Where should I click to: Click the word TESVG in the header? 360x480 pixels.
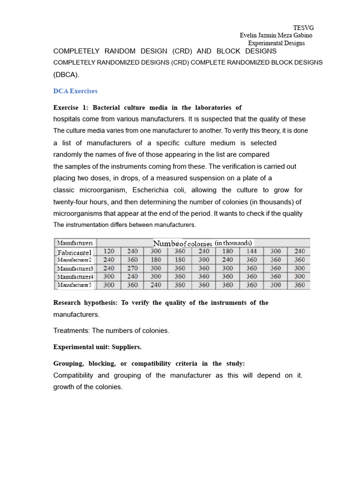303,28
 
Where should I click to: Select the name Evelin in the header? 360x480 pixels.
249,35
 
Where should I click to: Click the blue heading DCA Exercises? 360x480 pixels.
75,91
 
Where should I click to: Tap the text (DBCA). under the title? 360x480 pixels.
67,74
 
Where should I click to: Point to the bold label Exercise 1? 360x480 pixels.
71,108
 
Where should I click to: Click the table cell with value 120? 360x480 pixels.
109,251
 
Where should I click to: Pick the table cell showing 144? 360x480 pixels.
251,251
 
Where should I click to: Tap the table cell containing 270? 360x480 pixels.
133,268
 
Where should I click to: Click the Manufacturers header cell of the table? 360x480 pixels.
75,243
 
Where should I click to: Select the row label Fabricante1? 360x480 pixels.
75,252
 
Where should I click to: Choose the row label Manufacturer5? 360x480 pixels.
75,285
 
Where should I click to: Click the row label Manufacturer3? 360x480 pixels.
75,269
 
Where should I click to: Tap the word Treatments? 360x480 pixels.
72,330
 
